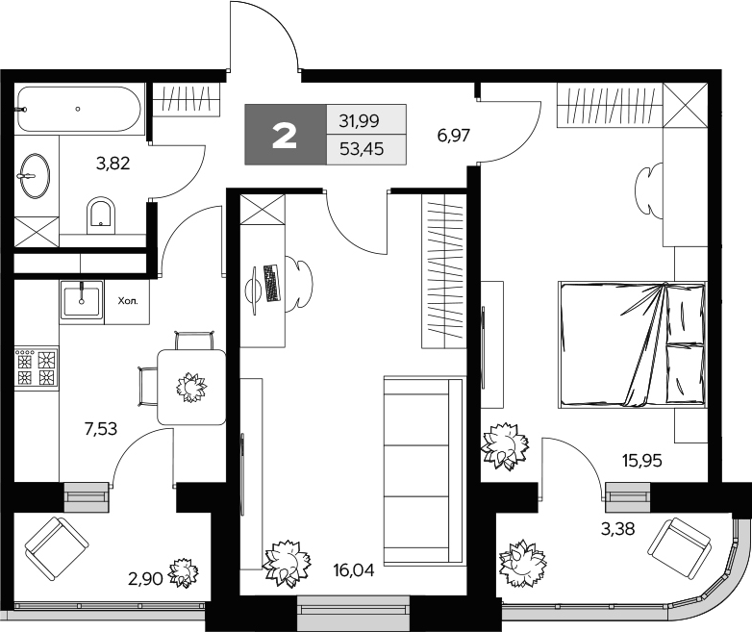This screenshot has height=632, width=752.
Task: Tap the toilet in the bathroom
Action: pyautogui.click(x=99, y=214)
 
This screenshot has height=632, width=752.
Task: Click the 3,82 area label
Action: pyautogui.click(x=113, y=163)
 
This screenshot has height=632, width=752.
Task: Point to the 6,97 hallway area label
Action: pyautogui.click(x=453, y=136)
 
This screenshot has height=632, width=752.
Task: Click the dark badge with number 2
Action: pyautogui.click(x=285, y=136)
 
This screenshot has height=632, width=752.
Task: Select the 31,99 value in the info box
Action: pyautogui.click(x=359, y=121)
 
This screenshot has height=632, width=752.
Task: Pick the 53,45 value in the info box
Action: pyautogui.click(x=359, y=149)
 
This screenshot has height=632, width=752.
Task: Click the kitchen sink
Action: pyautogui.click(x=82, y=300)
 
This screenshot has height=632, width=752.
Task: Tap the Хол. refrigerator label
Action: pyautogui.click(x=128, y=300)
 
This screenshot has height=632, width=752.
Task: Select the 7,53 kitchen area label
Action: pyautogui.click(x=100, y=429)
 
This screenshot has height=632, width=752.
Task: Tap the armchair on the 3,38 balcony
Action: pyautogui.click(x=679, y=545)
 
